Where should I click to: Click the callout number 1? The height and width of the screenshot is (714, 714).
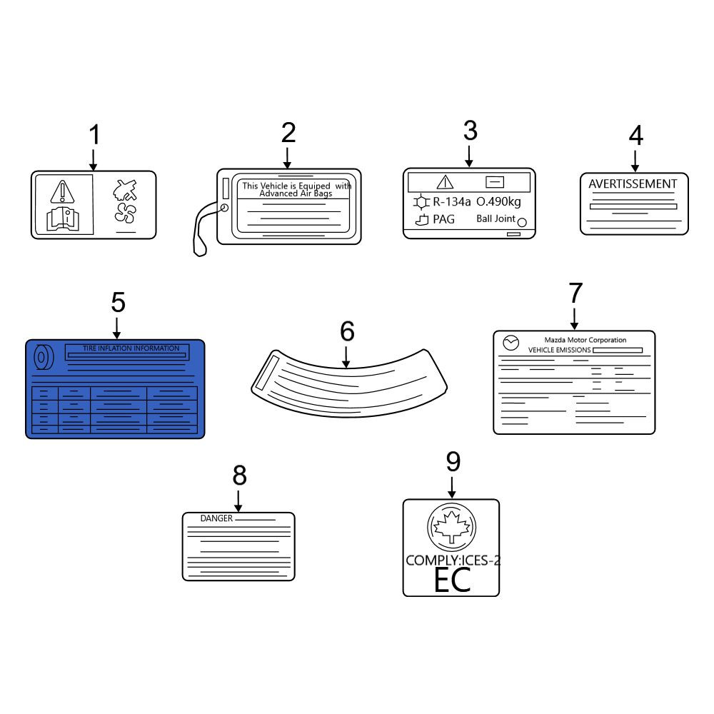coord(94,135)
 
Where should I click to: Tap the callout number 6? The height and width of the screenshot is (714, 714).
coord(347,331)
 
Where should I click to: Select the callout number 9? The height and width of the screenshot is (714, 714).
coord(453,462)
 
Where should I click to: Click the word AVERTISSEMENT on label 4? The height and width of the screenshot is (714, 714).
coord(633,184)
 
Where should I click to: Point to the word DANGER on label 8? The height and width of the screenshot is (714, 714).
coord(216,518)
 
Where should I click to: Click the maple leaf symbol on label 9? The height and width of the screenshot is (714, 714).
coord(451,527)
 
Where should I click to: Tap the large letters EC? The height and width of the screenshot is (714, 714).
coord(452,580)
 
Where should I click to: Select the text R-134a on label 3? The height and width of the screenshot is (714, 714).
coord(451,202)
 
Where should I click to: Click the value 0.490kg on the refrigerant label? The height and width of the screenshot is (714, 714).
coord(498,202)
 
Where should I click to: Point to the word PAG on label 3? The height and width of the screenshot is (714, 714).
coord(443,219)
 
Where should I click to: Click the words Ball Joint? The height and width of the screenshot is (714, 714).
coord(496,218)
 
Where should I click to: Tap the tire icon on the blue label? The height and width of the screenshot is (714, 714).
coord(44,358)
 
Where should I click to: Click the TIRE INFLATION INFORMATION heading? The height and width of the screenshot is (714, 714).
coord(131,348)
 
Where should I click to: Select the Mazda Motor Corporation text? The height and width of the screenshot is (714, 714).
coord(585,340)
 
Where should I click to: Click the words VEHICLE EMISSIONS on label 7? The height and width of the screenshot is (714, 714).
coord(560,350)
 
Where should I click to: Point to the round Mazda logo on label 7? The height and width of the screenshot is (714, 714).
coord(511,343)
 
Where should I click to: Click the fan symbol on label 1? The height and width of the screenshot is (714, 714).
coord(125,213)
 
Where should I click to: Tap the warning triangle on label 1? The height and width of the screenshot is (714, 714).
coord(62,191)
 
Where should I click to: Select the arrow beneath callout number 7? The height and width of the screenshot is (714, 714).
coord(574,318)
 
